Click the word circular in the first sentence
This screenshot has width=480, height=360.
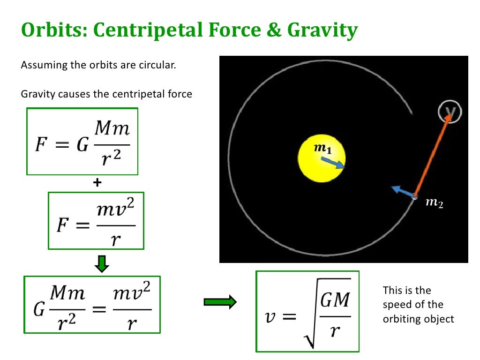(158, 65)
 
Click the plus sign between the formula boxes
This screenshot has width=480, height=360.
(97, 183)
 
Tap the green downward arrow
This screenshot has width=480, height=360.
(102, 263)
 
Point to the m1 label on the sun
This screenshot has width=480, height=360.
(322, 149)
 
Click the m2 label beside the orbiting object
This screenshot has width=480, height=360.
(434, 203)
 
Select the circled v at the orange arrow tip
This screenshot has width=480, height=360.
(450, 111)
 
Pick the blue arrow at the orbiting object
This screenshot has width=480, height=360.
(402, 192)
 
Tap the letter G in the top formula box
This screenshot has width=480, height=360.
(82, 145)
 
